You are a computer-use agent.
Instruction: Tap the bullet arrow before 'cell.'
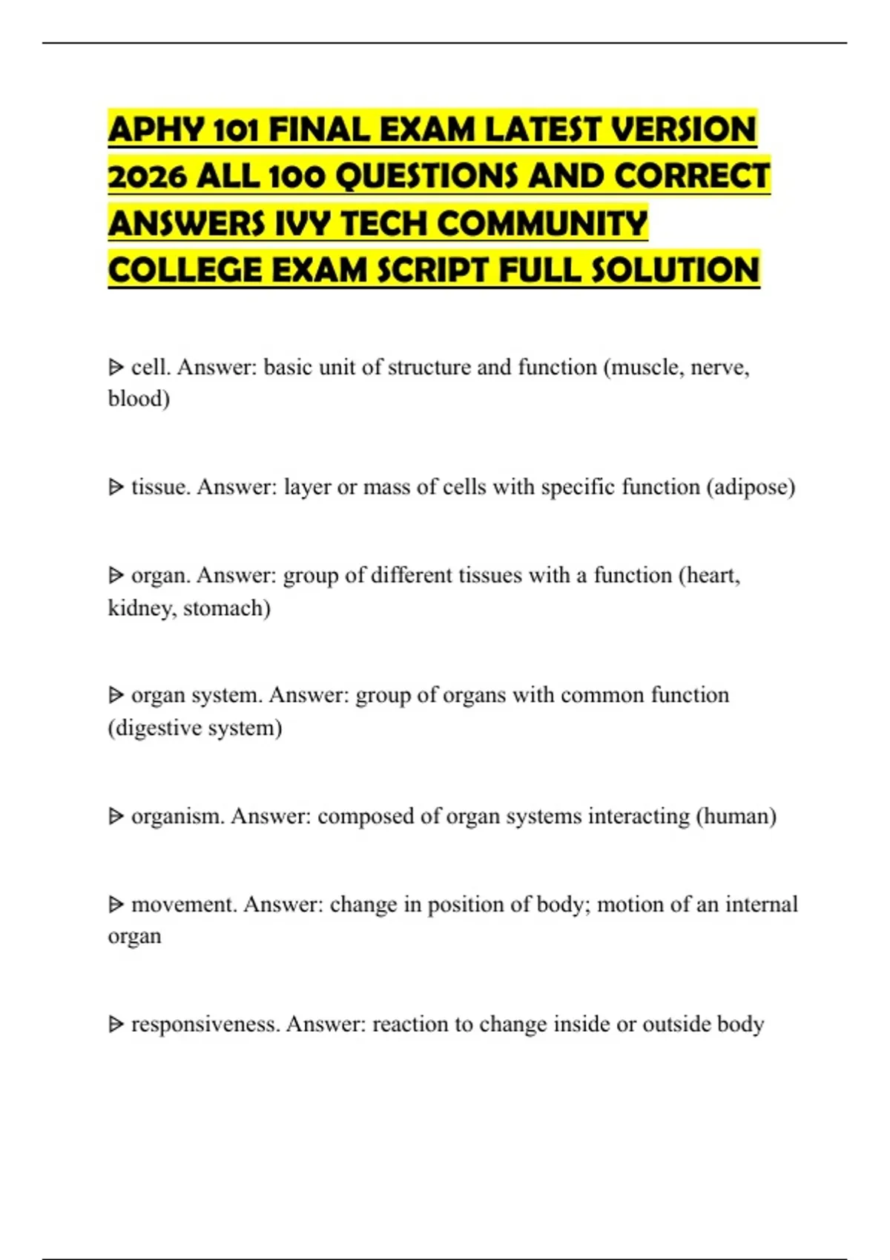(x=116, y=367)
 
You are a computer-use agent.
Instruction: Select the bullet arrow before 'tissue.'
(x=116, y=487)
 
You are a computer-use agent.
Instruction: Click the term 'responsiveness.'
(x=205, y=1024)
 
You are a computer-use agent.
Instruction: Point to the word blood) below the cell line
(x=139, y=399)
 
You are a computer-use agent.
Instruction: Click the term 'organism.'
(x=177, y=816)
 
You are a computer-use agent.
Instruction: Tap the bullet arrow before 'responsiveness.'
(x=116, y=1024)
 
